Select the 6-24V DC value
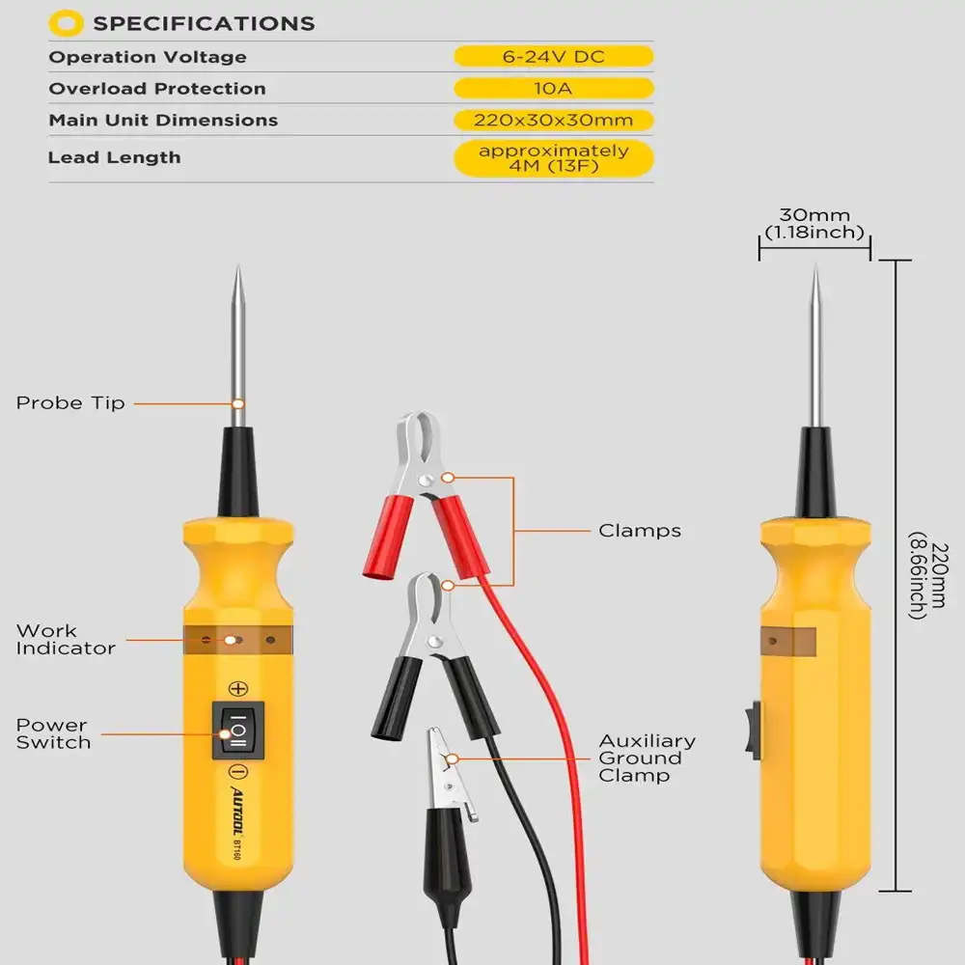[x=553, y=57]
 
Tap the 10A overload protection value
[x=553, y=89]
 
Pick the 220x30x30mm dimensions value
[x=553, y=121]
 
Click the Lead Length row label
[x=114, y=157]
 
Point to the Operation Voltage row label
[x=148, y=57]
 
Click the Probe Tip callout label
[x=70, y=403]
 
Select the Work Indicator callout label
[x=66, y=640]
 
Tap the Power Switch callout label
[x=53, y=733]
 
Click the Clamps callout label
[x=639, y=531]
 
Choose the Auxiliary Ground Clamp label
[x=647, y=758]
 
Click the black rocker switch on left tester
[x=237, y=731]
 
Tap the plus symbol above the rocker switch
[x=237, y=688]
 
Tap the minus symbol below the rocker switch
[x=237, y=772]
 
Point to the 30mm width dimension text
[x=813, y=224]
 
